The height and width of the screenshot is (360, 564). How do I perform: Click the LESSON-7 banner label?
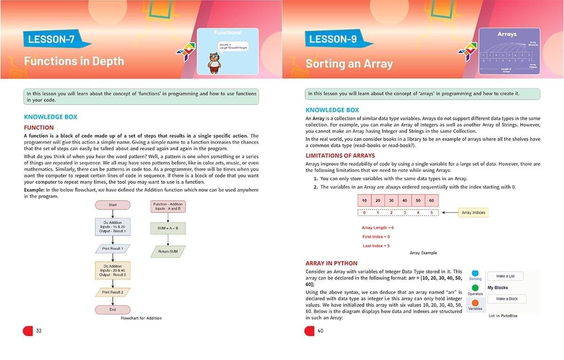pyautogui.click(x=52, y=39)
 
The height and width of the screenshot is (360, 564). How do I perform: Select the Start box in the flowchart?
pyautogui.click(x=113, y=205)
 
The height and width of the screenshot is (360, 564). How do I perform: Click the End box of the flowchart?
pyautogui.click(x=113, y=310)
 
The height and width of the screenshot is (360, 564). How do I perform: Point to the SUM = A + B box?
pyautogui.click(x=168, y=228)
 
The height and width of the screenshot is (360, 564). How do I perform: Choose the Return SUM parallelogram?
pyautogui.click(x=168, y=251)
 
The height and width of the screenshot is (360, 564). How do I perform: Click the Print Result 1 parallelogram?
pyautogui.click(x=113, y=248)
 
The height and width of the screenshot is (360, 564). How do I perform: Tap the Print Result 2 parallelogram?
pyautogui.click(x=113, y=292)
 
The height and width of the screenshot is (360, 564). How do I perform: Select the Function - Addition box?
pyautogui.click(x=168, y=206)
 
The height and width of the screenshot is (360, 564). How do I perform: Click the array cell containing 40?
pyautogui.click(x=405, y=200)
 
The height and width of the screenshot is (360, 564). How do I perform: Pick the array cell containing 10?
pyautogui.click(x=364, y=200)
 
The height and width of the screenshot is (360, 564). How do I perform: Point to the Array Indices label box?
pyautogui.click(x=473, y=212)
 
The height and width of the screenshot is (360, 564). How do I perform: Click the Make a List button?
pyautogui.click(x=505, y=276)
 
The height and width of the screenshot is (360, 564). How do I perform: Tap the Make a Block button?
pyautogui.click(x=507, y=298)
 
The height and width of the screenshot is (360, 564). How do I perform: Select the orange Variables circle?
pyautogui.click(x=475, y=303)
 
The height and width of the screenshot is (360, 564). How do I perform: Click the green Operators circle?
pyautogui.click(x=475, y=288)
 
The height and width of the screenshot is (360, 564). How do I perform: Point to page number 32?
pyautogui.click(x=39, y=331)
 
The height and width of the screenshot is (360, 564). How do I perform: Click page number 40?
pyautogui.click(x=321, y=331)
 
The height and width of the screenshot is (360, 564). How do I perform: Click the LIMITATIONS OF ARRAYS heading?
pyautogui.click(x=340, y=156)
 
